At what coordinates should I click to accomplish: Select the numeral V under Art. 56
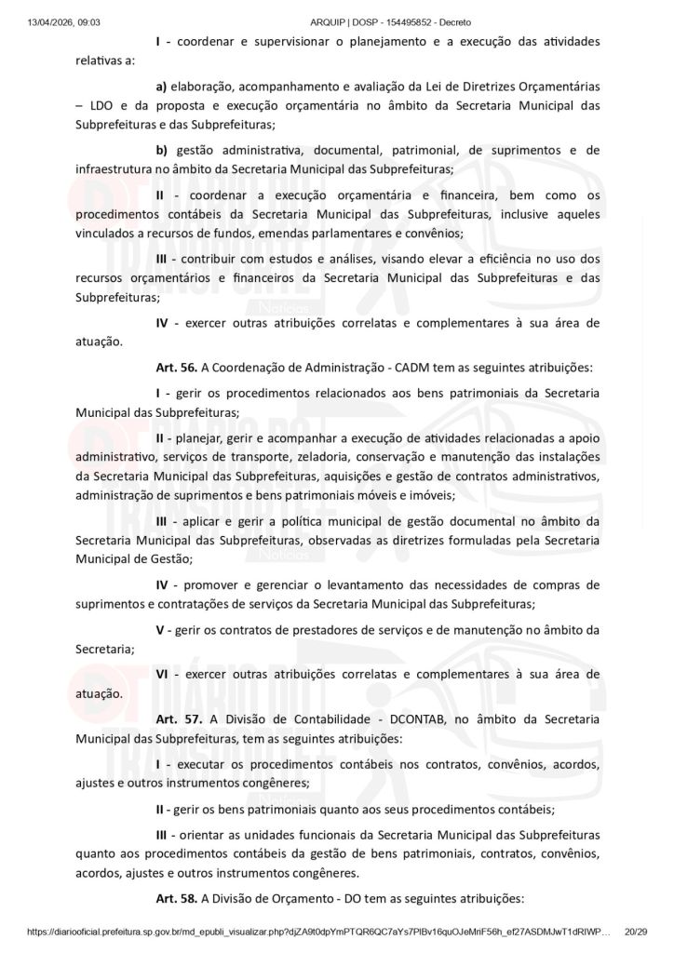[160, 630]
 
